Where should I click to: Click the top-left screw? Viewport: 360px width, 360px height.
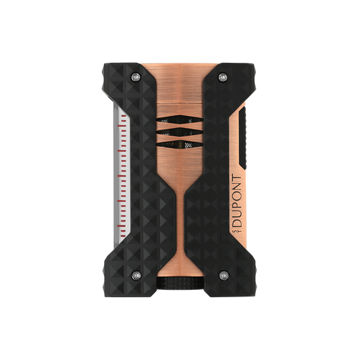click(139, 78)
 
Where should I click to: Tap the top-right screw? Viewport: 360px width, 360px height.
click(222, 78)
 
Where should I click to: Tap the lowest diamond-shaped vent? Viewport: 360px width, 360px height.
click(180, 143)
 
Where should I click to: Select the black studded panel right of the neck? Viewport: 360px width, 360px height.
click(215, 203)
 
